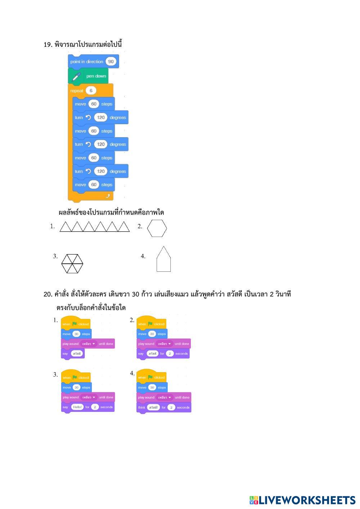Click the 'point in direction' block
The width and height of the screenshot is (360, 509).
(x=86, y=62)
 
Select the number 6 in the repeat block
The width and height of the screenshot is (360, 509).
(x=91, y=91)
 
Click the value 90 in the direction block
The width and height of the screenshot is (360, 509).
(x=111, y=62)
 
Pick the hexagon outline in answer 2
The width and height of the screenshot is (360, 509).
(x=157, y=228)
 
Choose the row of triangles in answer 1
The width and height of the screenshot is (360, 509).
(x=94, y=226)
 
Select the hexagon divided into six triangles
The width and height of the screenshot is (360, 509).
(x=72, y=263)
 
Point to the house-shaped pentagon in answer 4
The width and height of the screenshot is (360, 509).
(x=163, y=259)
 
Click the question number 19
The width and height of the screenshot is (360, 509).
(x=48, y=45)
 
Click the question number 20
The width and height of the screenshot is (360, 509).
(x=48, y=294)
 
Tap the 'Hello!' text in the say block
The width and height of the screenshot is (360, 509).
(x=77, y=407)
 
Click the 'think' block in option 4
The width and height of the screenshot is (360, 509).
(x=141, y=407)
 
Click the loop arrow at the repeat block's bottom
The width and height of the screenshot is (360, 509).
(x=107, y=196)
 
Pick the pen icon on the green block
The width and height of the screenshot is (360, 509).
(x=76, y=77)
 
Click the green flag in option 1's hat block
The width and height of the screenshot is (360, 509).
(x=75, y=324)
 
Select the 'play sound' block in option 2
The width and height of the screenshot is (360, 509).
(x=163, y=344)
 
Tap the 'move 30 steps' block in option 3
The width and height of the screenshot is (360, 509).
(x=76, y=387)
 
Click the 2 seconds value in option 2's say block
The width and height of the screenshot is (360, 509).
(x=170, y=353)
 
